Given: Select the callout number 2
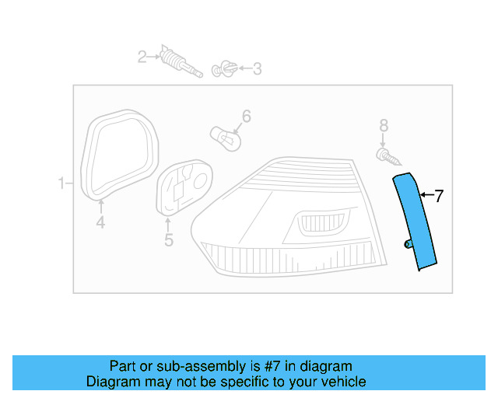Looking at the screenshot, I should pyautogui.click(x=142, y=56).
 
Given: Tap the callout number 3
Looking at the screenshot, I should pyautogui.click(x=256, y=69).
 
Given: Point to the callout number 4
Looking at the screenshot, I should pyautogui.click(x=100, y=224).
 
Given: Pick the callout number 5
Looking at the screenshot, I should pyautogui.click(x=169, y=240).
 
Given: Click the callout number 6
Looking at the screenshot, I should pyautogui.click(x=246, y=117).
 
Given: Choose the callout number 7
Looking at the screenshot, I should pyautogui.click(x=439, y=196).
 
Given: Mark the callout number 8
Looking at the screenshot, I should pyautogui.click(x=383, y=125).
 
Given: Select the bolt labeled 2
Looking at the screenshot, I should pyautogui.click(x=180, y=63).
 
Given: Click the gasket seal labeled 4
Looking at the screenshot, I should pyautogui.click(x=118, y=155).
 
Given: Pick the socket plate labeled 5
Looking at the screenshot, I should pyautogui.click(x=185, y=187).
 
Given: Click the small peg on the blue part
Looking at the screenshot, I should pyautogui.click(x=407, y=245).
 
